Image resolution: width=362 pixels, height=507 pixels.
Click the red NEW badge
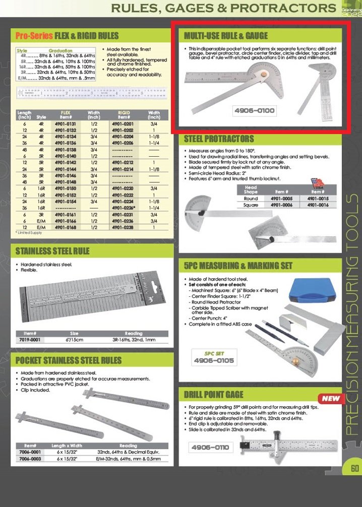click(331, 398)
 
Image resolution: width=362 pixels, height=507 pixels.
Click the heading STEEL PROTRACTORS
click(219, 139)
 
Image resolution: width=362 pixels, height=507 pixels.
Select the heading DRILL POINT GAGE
click(214, 394)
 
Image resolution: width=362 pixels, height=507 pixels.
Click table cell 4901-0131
click(66, 124)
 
